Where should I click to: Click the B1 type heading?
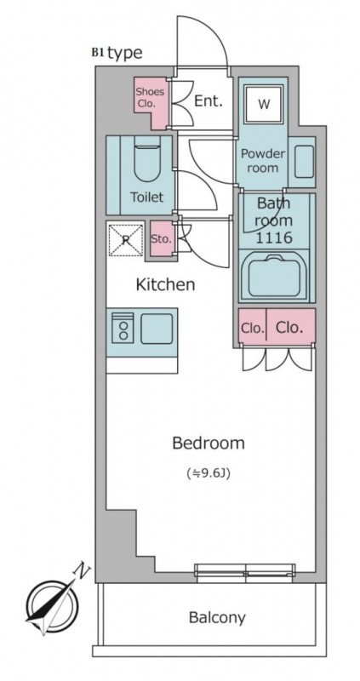pyautogui.click(x=117, y=53)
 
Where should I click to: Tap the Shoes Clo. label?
pyautogui.click(x=150, y=98)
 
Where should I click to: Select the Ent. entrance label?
pyautogui.click(x=208, y=101)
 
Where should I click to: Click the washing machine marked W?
pyautogui.click(x=264, y=104)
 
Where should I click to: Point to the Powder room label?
pyautogui.click(x=263, y=161)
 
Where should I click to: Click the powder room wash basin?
pyautogui.click(x=304, y=162)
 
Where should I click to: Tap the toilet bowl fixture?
pyautogui.click(x=147, y=158)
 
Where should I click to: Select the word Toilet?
pyautogui.click(x=147, y=197)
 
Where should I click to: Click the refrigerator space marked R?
pyautogui.click(x=125, y=239)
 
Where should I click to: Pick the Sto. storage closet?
pyautogui.click(x=161, y=238)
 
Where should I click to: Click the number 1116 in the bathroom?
pyautogui.click(x=273, y=237)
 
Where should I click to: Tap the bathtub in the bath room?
pyautogui.click(x=274, y=276)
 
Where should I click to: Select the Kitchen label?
pyautogui.click(x=165, y=285)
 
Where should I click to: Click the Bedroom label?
pyautogui.click(x=209, y=443)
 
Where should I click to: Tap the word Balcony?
pyautogui.click(x=217, y=617)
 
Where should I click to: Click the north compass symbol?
pyautogui.click(x=52, y=607)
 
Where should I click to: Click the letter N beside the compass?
pyautogui.click(x=82, y=569)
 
